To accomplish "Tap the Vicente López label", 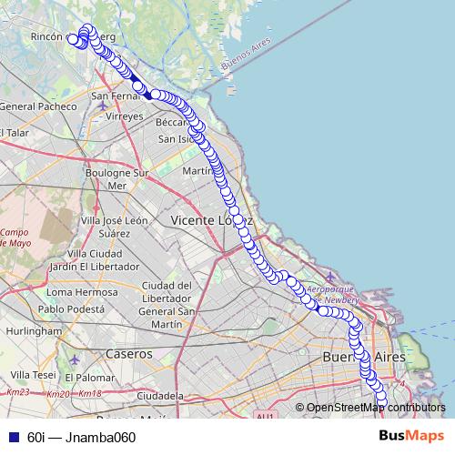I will [x=210, y=220].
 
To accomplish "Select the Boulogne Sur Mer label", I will [x=116, y=178].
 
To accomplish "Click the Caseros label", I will [x=128, y=352].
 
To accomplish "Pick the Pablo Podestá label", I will [x=79, y=308].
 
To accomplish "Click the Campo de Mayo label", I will [x=14, y=238].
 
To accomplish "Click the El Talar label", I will [x=15, y=133].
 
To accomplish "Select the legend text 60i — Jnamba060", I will [x=81, y=437].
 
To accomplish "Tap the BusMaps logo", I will [x=411, y=436].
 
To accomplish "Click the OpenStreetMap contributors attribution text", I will [x=376, y=407].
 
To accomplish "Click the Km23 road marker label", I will [x=18, y=393].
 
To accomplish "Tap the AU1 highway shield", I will [x=265, y=416].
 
